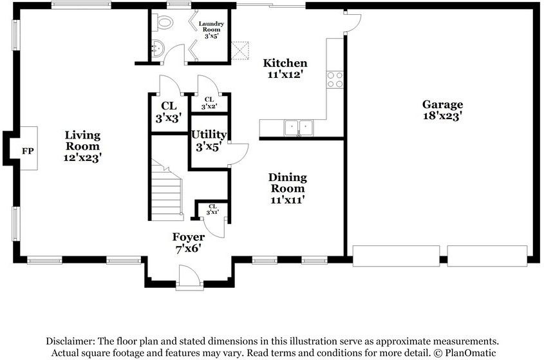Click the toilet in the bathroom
click(x=162, y=23)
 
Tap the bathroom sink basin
click(x=158, y=48)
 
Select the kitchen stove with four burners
click(x=335, y=79)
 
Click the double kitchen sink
click(x=298, y=128)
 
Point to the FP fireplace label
click(x=28, y=151)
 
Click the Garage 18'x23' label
click(x=442, y=109)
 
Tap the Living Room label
click(x=82, y=146)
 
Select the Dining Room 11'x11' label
click(x=288, y=189)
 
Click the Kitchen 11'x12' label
click(x=285, y=68)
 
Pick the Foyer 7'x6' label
click(x=189, y=243)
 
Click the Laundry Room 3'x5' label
click(x=211, y=30)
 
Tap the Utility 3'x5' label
click(x=209, y=140)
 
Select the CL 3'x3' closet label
click(x=169, y=112)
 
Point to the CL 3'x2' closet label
click(x=209, y=103)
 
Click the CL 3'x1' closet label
click(x=212, y=209)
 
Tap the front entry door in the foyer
click(x=189, y=277)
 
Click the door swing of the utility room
click(x=238, y=154)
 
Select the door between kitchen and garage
click(x=353, y=22)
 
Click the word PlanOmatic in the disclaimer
click(x=471, y=353)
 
